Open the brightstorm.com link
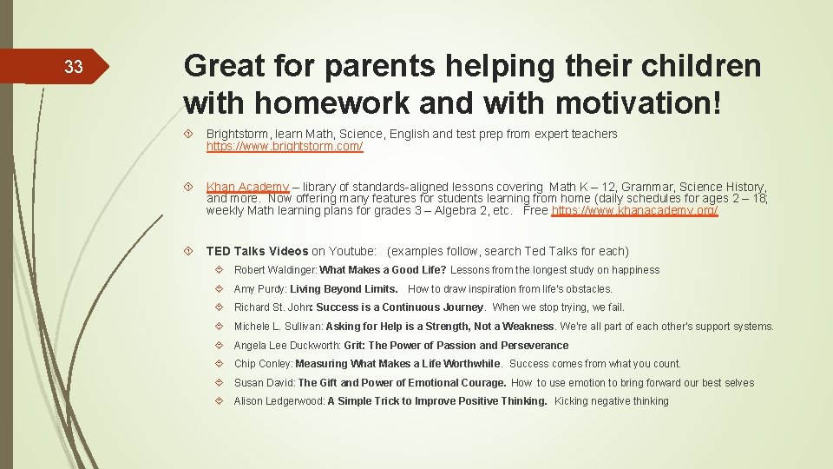tap(284, 147)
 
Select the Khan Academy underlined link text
tap(246, 187)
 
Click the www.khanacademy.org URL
tap(634, 211)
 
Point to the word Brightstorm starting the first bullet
tap(239, 134)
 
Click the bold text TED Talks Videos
tap(257, 251)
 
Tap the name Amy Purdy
tap(259, 289)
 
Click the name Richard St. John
tap(272, 307)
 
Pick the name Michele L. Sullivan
tap(278, 327)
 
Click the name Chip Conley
tap(263, 364)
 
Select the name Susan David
tap(264, 383)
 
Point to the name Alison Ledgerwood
tap(279, 401)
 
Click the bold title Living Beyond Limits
tap(344, 289)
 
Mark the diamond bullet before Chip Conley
tap(224, 364)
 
